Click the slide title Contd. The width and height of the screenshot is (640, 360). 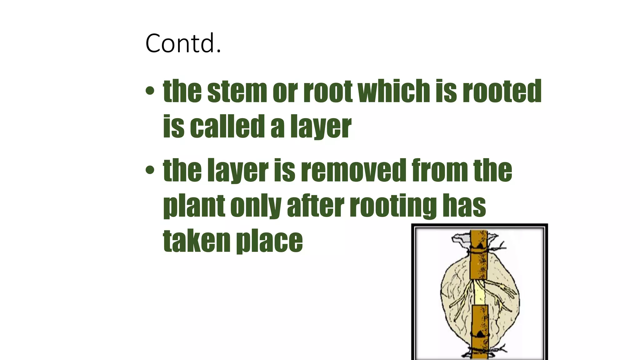pos(183,43)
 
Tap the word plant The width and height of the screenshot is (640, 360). pos(194,206)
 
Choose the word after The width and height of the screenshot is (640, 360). pos(315,206)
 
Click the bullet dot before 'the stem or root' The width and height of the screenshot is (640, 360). pos(150,91)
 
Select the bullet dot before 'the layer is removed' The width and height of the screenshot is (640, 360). pos(150,170)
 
